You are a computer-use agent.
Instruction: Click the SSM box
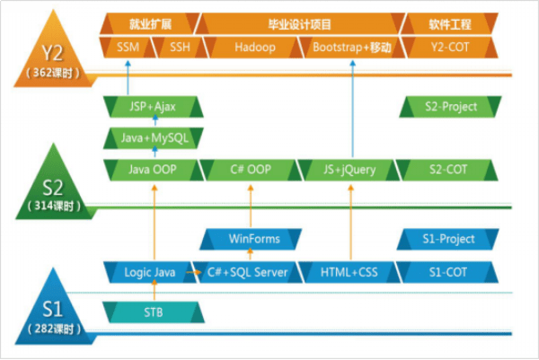click(128, 47)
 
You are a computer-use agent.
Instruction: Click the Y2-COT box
click(448, 47)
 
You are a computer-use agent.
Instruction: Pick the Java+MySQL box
click(151, 138)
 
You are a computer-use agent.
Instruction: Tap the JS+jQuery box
click(348, 169)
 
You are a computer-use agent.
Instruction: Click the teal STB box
click(153, 312)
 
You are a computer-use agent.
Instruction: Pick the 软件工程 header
click(448, 22)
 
